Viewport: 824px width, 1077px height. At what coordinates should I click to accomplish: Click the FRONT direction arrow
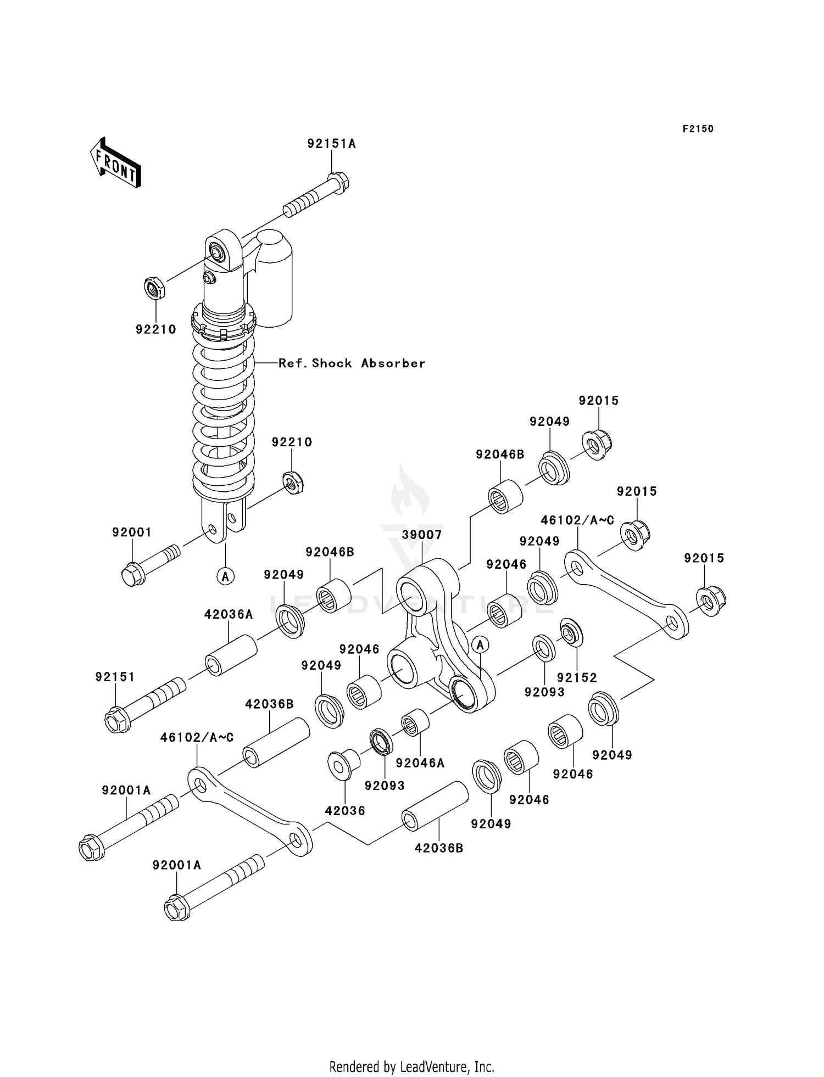(115, 163)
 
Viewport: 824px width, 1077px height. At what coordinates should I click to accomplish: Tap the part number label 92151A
(331, 144)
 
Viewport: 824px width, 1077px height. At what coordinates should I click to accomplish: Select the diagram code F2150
(698, 129)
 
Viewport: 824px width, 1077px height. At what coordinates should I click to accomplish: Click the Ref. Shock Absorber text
(352, 363)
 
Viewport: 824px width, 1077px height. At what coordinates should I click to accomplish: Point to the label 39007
(421, 534)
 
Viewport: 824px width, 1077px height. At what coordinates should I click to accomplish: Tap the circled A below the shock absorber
(225, 576)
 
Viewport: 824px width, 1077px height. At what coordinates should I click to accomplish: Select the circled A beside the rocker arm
(480, 644)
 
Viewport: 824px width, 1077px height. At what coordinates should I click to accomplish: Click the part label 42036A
(229, 614)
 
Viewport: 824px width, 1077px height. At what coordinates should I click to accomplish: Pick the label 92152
(577, 677)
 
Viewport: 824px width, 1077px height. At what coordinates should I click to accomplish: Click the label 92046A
(420, 763)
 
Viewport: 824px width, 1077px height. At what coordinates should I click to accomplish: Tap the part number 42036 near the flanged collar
(345, 810)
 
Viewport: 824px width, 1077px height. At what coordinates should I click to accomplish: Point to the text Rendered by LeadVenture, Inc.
(411, 1067)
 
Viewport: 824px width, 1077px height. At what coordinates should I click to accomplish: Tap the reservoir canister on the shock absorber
(273, 277)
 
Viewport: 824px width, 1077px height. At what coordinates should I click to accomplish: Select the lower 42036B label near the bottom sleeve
(438, 848)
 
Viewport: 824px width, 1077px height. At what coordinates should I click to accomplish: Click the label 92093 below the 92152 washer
(544, 692)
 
